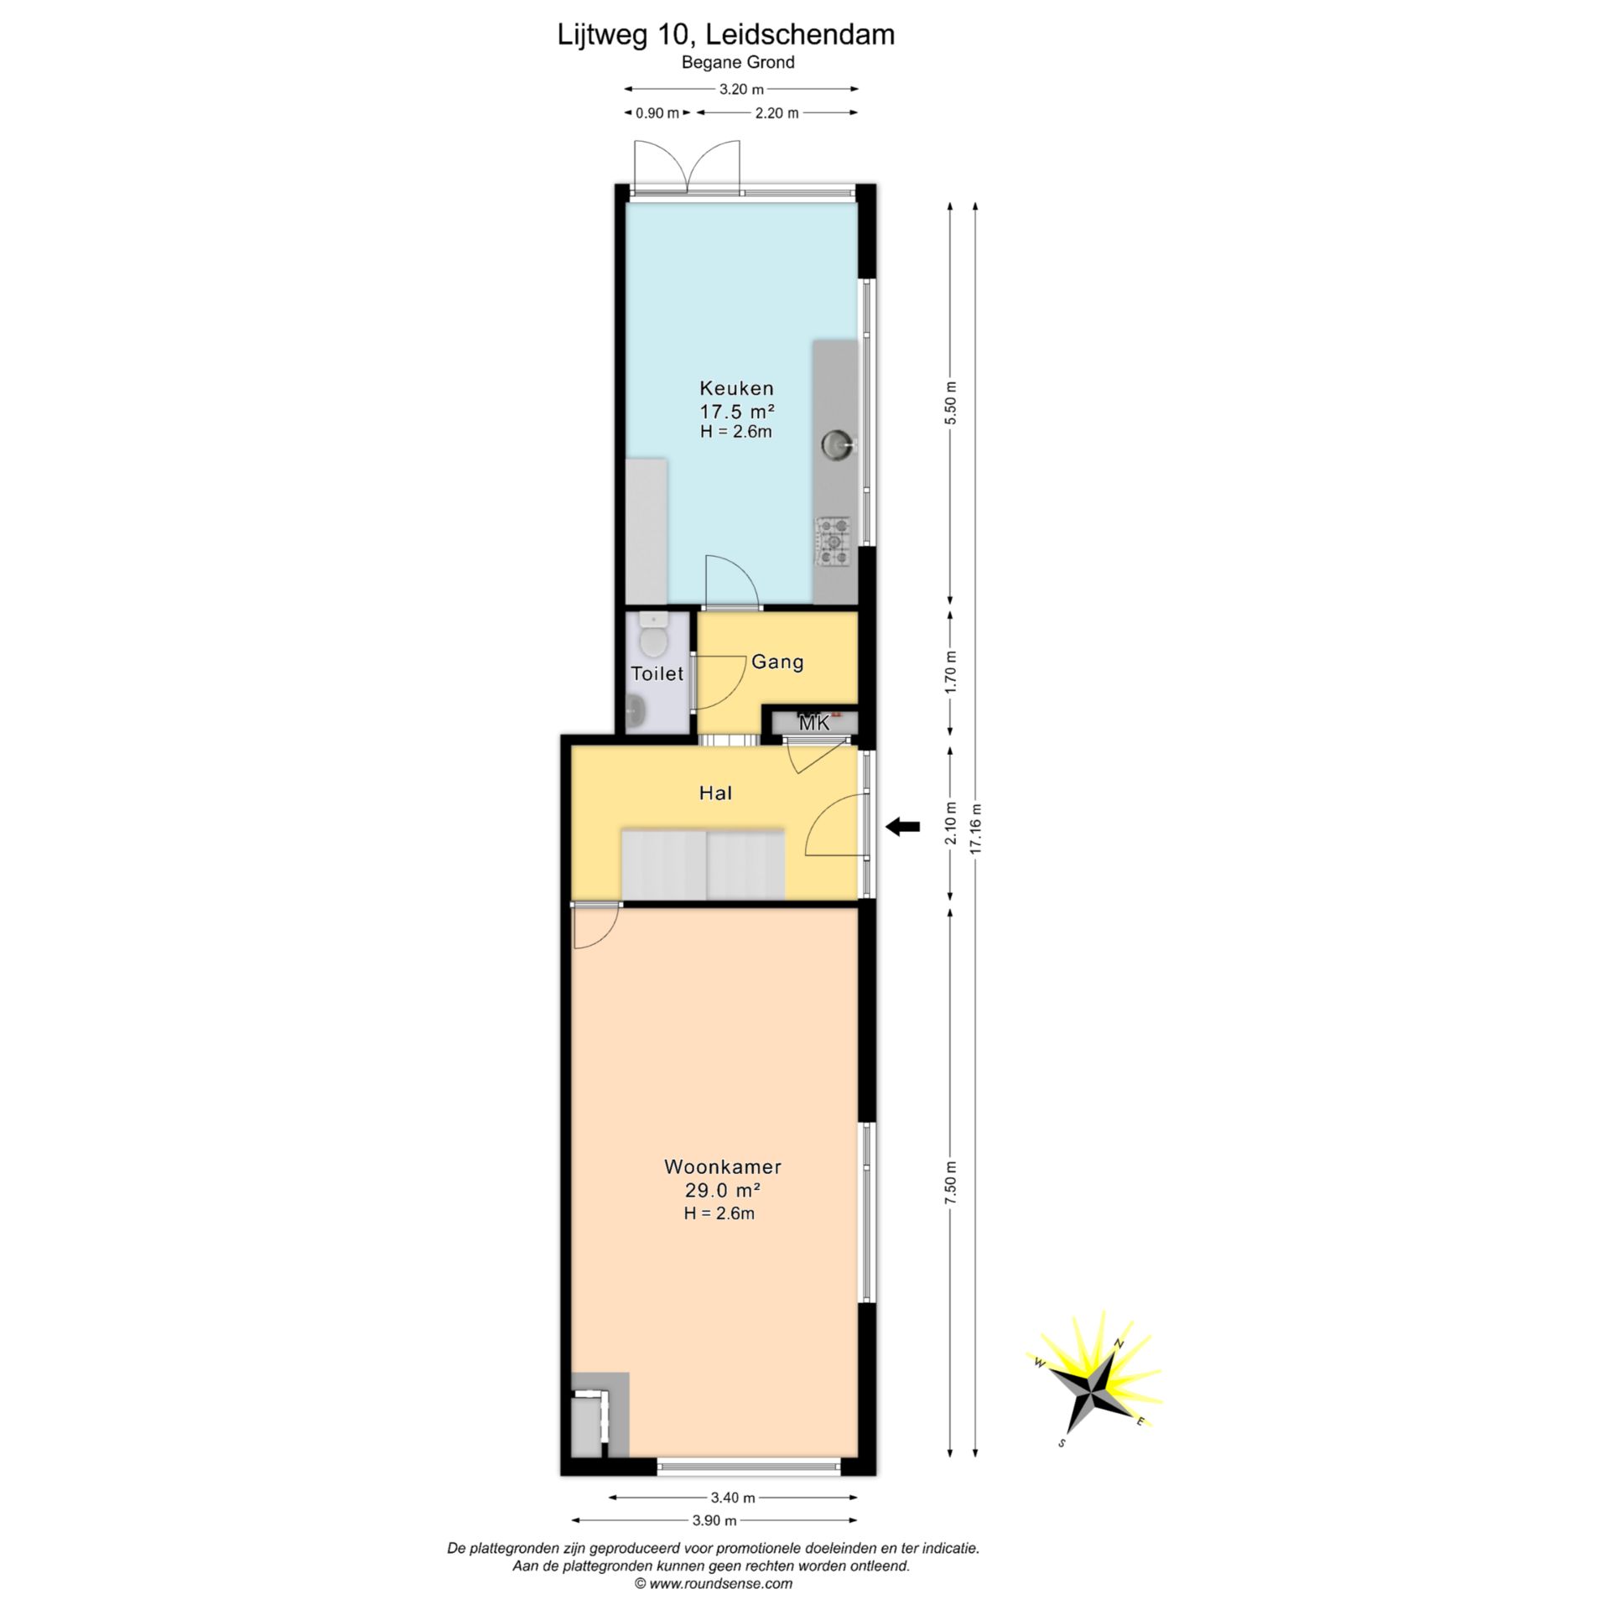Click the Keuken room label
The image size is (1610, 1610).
tap(736, 388)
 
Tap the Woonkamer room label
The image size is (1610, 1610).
tap(723, 1166)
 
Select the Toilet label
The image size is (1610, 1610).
tap(657, 673)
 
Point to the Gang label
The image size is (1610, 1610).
tap(777, 662)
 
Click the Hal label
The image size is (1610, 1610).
tap(716, 792)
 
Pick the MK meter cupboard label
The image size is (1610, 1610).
tap(814, 723)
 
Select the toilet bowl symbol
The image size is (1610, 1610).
tap(652, 635)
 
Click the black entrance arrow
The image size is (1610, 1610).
tap(903, 827)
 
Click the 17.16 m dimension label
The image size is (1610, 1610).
tap(975, 829)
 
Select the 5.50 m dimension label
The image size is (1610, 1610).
tap(950, 403)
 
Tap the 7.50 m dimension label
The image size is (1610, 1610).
tap(950, 1184)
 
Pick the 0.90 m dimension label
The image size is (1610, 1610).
tap(657, 113)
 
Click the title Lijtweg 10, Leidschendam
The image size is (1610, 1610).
tap(726, 34)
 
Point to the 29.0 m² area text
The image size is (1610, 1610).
tap(723, 1191)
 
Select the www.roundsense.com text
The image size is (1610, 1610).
tap(714, 1584)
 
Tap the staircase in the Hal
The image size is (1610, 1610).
tap(703, 864)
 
